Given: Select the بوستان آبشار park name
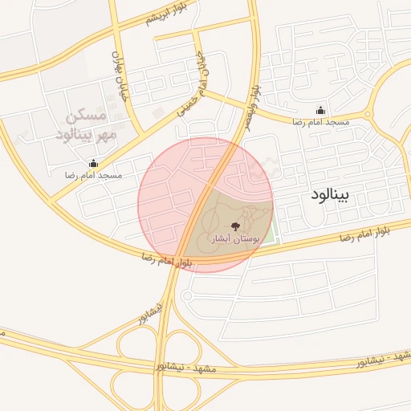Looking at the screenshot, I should coord(234,239).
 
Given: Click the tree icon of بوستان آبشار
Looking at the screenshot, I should coord(234,226).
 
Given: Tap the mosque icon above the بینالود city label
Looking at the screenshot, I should coord(321,111).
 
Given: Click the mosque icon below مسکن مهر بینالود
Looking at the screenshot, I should coord(93,164).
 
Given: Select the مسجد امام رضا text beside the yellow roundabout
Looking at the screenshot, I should coord(321,121).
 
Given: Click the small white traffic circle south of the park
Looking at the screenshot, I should coord(186,295).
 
